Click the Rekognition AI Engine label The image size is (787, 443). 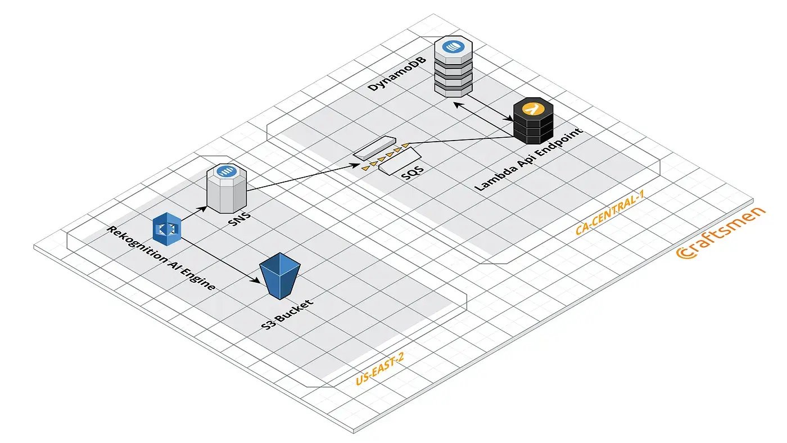click(161, 257)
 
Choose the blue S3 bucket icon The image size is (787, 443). click(279, 276)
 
